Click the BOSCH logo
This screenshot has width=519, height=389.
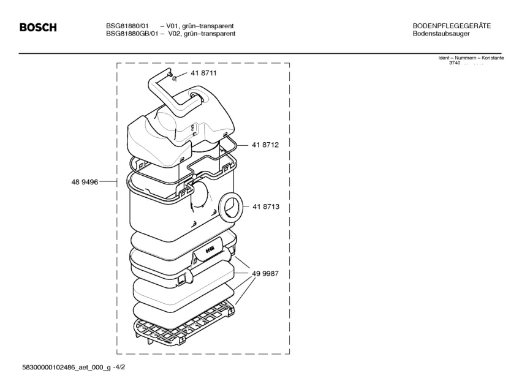38,28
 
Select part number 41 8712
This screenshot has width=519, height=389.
265,145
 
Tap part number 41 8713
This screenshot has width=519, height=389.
265,207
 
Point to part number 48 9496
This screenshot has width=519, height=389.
85,182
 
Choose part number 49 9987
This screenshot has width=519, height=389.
265,274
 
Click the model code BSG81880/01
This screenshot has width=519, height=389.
126,26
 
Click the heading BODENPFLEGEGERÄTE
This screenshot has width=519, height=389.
452,26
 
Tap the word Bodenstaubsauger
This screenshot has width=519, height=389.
441,34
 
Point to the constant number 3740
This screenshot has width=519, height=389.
454,63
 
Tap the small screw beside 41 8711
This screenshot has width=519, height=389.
175,77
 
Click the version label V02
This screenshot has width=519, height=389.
176,34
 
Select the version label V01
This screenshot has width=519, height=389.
176,26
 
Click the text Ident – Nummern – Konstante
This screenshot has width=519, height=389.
471,58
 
